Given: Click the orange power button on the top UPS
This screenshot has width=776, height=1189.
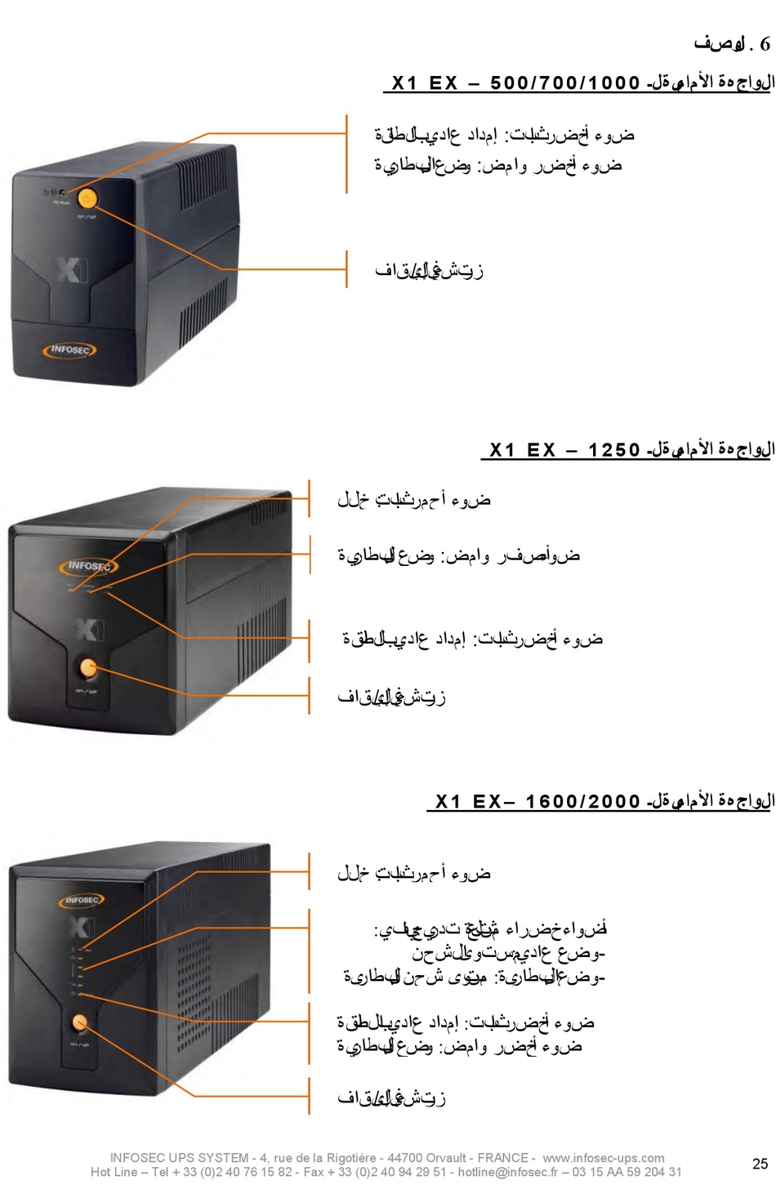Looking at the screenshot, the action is (87, 198).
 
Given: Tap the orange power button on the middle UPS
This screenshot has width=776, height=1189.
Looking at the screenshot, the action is (87, 669).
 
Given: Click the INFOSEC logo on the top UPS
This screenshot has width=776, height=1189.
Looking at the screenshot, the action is (69, 350).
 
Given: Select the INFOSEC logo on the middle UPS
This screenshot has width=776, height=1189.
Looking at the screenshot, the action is (89, 565).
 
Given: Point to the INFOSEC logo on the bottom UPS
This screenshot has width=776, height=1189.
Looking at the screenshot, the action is (83, 900).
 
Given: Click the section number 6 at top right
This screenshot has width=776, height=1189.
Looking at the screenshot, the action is (765, 44).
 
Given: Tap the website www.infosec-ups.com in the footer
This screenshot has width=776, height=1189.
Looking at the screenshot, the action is (604, 1158).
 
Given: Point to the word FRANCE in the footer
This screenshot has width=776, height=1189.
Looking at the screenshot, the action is (502, 1158).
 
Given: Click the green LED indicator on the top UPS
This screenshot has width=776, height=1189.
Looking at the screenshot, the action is (63, 192).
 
